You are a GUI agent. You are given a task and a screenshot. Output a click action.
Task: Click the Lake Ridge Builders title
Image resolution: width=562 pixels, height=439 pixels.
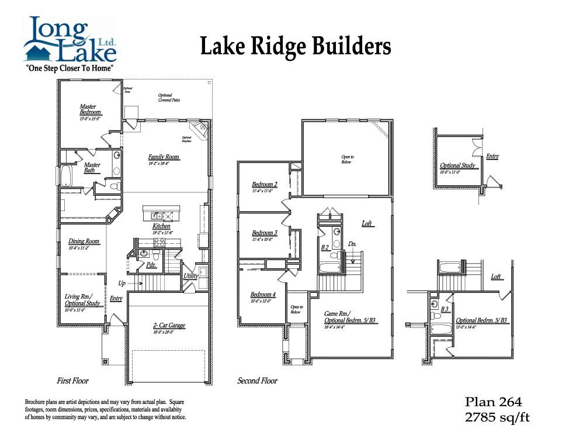296,46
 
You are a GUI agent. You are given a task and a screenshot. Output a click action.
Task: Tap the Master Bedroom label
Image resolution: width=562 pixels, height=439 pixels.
91,109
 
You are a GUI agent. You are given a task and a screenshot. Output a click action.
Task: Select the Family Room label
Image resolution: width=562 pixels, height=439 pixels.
164,157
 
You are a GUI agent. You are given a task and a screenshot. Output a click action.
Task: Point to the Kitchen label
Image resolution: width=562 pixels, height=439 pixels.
161,226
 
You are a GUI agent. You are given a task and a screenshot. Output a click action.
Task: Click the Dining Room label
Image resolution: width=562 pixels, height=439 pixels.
84,241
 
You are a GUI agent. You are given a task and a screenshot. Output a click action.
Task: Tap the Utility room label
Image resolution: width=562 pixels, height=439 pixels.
191,275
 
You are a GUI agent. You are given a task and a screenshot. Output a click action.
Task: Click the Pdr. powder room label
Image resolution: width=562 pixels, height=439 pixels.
151,265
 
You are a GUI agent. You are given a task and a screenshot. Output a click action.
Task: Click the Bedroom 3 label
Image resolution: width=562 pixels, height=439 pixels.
264,233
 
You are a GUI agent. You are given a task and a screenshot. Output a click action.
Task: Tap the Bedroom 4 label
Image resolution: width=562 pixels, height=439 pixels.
263,294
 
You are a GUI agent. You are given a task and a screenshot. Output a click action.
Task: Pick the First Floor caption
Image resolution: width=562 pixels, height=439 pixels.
72,381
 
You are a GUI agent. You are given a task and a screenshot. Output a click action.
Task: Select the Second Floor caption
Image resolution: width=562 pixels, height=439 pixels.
257,381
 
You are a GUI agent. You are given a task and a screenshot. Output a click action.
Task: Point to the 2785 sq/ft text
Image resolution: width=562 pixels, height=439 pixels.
497,417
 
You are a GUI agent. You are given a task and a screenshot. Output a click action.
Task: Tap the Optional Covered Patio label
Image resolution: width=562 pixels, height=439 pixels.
169,98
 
